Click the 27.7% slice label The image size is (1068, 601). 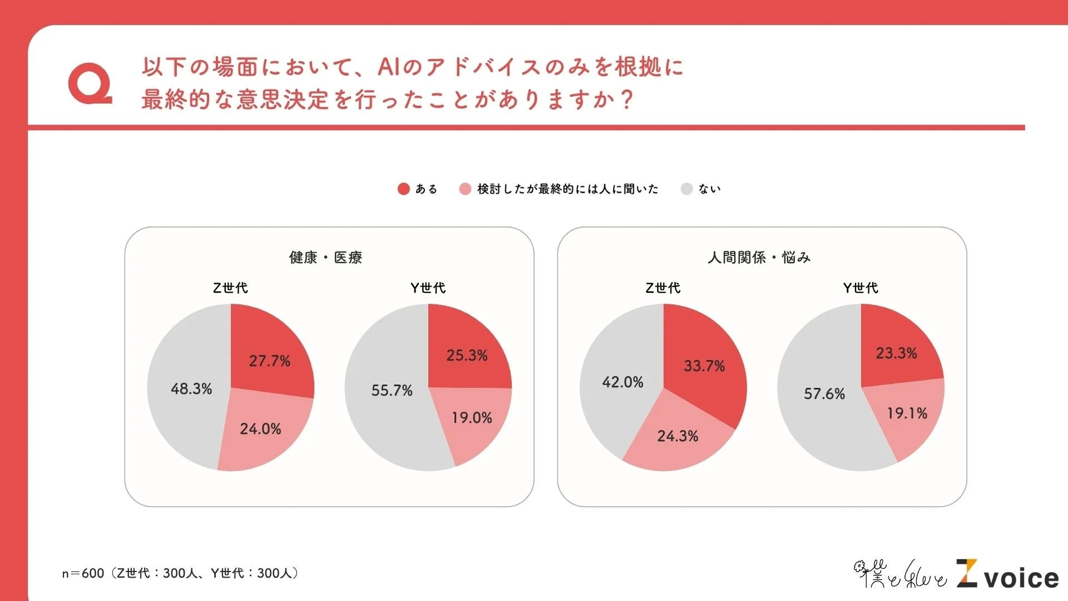(x=269, y=361)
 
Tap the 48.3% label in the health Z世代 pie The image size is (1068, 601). (x=191, y=389)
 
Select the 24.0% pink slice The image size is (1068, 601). (x=260, y=429)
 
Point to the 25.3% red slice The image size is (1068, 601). (x=467, y=356)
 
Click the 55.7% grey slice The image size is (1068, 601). (x=392, y=391)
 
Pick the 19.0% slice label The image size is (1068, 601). (x=472, y=418)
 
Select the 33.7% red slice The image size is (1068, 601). (x=704, y=366)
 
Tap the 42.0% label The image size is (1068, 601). (x=622, y=382)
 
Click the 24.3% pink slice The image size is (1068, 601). (x=678, y=436)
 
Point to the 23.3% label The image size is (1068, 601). (x=896, y=353)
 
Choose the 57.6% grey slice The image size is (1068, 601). (x=824, y=394)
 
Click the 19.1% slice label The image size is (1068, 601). (x=907, y=413)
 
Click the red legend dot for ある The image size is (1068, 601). (x=403, y=189)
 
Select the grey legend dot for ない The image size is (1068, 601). (x=686, y=189)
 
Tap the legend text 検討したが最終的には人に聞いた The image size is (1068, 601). (x=567, y=189)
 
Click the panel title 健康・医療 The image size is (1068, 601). (x=325, y=257)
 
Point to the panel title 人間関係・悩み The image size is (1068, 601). (x=759, y=257)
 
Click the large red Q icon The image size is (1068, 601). (x=90, y=84)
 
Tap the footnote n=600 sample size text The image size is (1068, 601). (x=181, y=573)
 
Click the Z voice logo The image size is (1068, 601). (x=1007, y=574)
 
